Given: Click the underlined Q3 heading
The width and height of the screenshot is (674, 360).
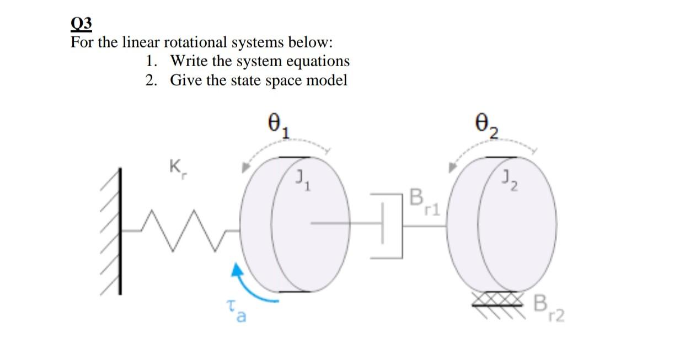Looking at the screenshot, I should pyautogui.click(x=82, y=25).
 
